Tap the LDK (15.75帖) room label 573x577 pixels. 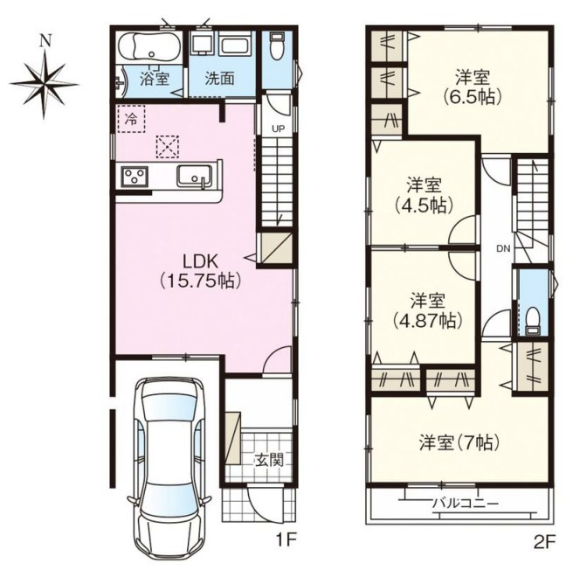(201, 272)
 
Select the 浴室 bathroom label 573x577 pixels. (155, 79)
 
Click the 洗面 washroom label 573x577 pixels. (219, 79)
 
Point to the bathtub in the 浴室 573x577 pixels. (150, 47)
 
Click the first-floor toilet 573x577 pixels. (277, 46)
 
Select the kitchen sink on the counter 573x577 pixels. (195, 176)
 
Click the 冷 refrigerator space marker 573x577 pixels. (131, 119)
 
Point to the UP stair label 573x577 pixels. (279, 129)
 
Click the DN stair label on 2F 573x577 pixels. (503, 249)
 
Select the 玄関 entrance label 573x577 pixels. (270, 460)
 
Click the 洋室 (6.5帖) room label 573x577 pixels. (473, 87)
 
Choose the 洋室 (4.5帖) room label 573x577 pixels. (424, 196)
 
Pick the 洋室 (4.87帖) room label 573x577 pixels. (428, 311)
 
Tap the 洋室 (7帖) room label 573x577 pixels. (459, 442)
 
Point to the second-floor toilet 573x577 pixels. (532, 321)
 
